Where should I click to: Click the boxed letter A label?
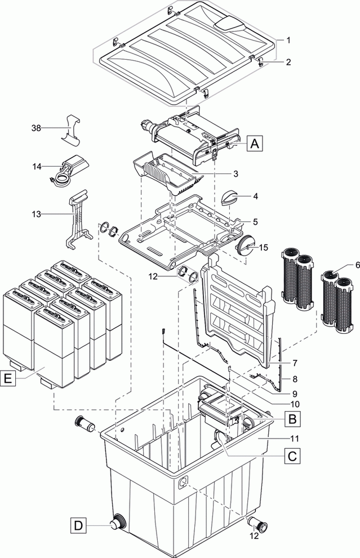(x=255, y=144)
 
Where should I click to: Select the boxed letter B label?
(x=292, y=418)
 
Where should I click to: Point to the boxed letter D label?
(x=79, y=526)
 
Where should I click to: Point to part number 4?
(x=255, y=197)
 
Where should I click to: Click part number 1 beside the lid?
(x=288, y=41)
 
